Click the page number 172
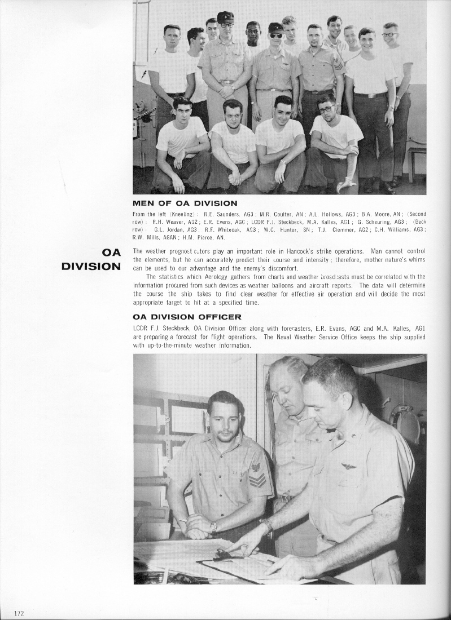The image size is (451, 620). tap(18, 612)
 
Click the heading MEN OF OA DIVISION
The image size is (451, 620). tap(185, 203)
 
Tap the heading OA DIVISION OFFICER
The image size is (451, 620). tap(187, 317)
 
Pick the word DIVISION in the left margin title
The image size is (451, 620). tap(91, 266)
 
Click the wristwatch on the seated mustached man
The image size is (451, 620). tap(213, 527)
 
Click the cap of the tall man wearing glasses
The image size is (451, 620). tap(226, 16)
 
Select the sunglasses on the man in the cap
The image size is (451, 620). tap(275, 36)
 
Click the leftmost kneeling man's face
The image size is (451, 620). tap(182, 110)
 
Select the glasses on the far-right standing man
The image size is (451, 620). tap(390, 35)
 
